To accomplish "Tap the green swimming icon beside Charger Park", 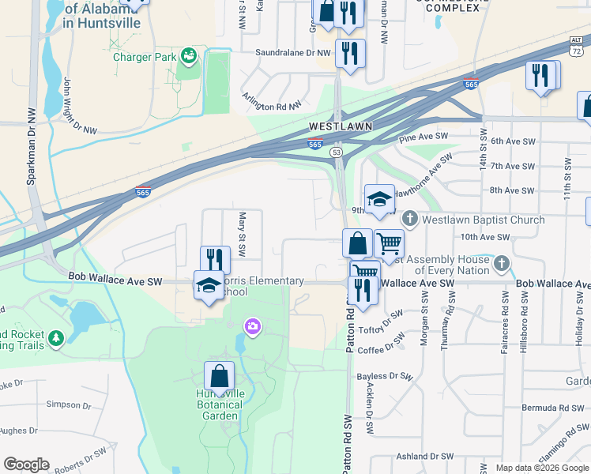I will click(189, 55).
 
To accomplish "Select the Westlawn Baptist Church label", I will click(484, 220).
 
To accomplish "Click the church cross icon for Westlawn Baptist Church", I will click(410, 219).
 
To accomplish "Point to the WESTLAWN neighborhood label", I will click(340, 126).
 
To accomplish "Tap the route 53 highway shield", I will click(337, 152).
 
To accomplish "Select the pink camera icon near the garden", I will click(253, 325).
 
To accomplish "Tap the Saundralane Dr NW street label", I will click(292, 53).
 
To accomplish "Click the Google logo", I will click(26, 465).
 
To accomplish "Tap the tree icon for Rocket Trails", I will click(55, 339).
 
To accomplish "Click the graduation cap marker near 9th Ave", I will click(379, 199).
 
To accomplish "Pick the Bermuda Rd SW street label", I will click(550, 407).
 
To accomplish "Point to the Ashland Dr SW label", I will click(424, 457).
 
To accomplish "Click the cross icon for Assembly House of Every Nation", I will click(501, 262).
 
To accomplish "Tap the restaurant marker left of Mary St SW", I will click(214, 259).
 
